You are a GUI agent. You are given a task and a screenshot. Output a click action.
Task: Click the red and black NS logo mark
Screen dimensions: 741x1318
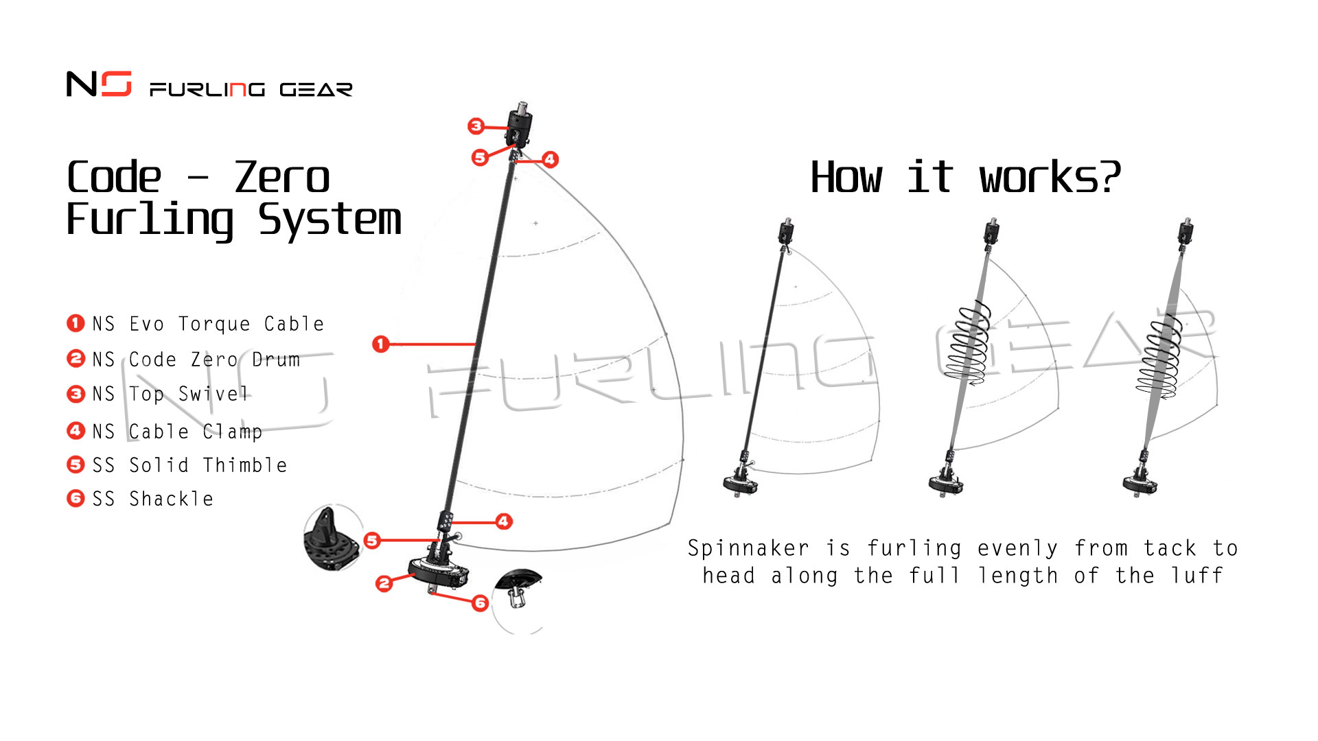pos(99,84)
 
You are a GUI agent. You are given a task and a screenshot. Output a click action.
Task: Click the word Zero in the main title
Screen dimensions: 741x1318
pos(281,178)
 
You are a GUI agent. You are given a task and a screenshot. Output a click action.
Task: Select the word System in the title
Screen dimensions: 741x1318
pos(329,220)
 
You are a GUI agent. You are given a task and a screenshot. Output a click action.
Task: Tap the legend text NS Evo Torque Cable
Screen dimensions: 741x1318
pos(208,324)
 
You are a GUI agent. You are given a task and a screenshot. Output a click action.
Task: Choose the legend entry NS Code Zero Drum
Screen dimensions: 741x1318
pos(196,360)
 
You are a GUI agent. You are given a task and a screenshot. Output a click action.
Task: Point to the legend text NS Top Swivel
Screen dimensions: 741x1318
pos(170,394)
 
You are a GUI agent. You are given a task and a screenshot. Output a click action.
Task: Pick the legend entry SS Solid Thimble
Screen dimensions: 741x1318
pos(189,465)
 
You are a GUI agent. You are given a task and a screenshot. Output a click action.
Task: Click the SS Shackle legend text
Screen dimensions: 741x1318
pos(152,499)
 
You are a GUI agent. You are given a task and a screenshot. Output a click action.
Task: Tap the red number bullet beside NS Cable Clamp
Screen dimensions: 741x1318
pos(76,431)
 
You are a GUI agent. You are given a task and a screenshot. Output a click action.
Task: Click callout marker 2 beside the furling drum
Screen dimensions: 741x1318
pos(384,584)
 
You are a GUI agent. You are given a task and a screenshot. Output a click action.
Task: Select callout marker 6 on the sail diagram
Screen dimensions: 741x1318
pos(480,603)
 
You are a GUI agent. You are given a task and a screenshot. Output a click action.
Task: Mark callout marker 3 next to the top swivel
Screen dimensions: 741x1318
pos(476,126)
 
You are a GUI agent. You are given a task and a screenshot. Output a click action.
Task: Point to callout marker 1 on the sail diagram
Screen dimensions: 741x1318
pos(381,344)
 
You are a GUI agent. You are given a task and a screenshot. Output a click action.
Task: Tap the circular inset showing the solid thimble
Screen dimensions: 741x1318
pos(332,539)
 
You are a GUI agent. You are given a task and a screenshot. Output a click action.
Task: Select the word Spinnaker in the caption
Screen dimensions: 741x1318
pos(748,548)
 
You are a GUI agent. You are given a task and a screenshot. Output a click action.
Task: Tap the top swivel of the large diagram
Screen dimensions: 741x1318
pos(520,125)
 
